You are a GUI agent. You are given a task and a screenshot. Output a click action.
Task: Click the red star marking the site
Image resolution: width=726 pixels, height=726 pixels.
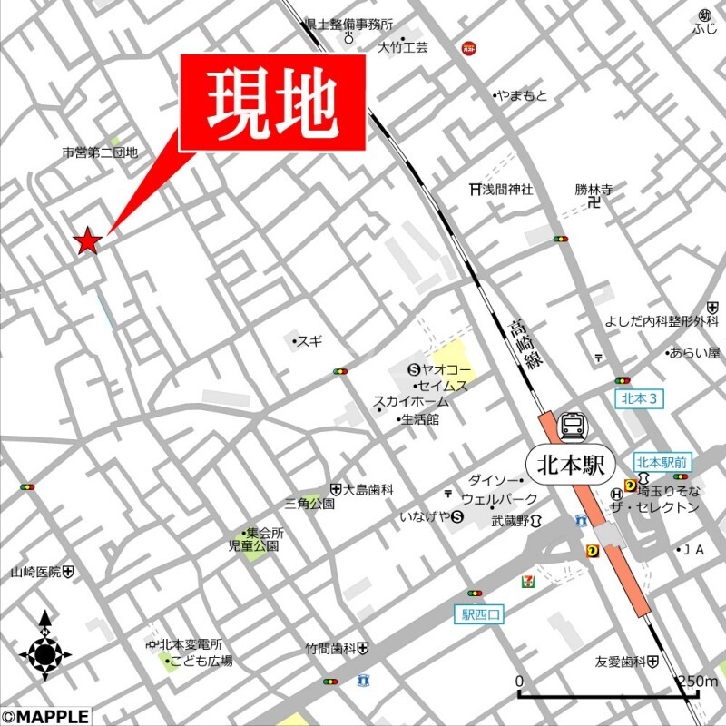pos(87,240)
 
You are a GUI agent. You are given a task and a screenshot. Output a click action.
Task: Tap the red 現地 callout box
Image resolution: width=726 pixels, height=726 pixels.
pos(273,102)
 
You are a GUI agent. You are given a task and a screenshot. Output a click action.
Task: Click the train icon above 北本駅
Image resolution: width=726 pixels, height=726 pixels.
pos(572,426)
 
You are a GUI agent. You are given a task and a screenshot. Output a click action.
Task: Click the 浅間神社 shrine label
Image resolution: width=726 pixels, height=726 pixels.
pos(501,190)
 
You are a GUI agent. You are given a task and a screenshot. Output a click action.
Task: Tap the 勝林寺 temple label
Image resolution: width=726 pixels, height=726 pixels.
pos(594,190)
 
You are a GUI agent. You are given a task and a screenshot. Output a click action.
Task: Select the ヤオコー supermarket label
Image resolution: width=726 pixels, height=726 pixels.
pos(441,369)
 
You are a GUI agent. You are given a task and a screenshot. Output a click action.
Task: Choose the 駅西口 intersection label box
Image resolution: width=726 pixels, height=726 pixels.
pos(479,614)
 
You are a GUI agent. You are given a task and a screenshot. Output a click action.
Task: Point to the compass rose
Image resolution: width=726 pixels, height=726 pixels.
pos(46,652)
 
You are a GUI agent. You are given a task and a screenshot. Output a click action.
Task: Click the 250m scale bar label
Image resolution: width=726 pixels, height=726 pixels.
pos(696,682)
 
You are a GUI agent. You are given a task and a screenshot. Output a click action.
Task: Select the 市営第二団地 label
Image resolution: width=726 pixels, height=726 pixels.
pos(100,153)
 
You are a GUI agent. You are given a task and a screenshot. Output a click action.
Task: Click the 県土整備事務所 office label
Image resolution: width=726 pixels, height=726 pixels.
pos(348,25)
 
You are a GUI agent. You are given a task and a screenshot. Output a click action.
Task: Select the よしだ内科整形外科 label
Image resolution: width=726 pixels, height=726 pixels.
pos(662,322)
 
